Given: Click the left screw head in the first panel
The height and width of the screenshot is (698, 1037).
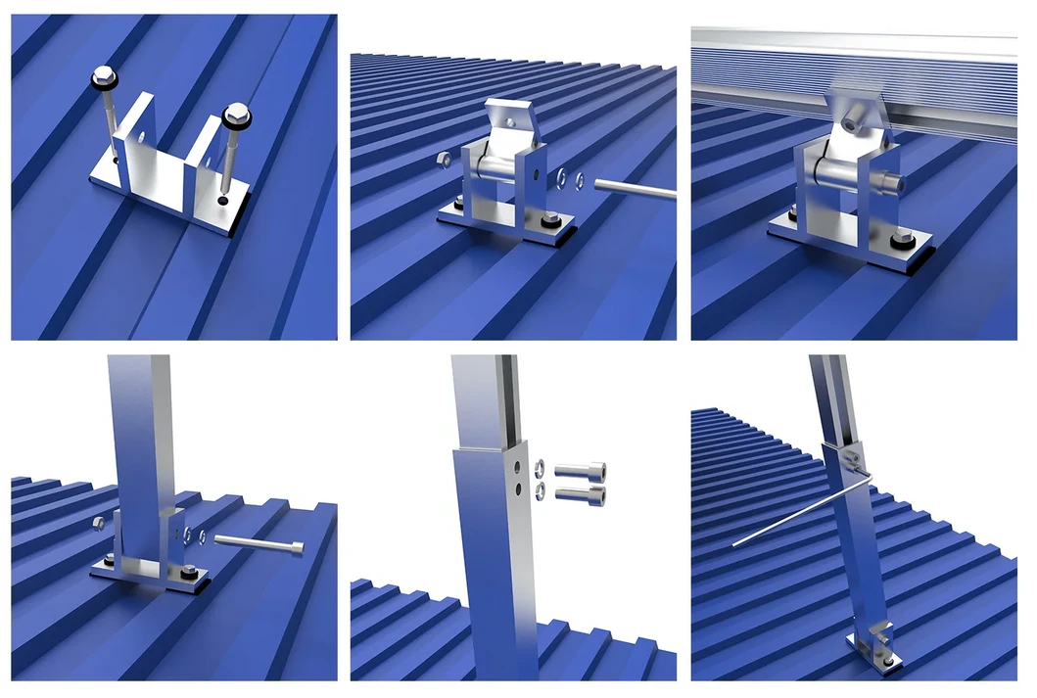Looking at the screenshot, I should tap(102, 74).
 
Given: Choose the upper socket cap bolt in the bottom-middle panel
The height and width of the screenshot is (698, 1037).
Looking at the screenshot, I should tap(580, 471).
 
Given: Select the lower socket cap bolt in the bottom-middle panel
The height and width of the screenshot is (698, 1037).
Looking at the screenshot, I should tap(580, 494).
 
